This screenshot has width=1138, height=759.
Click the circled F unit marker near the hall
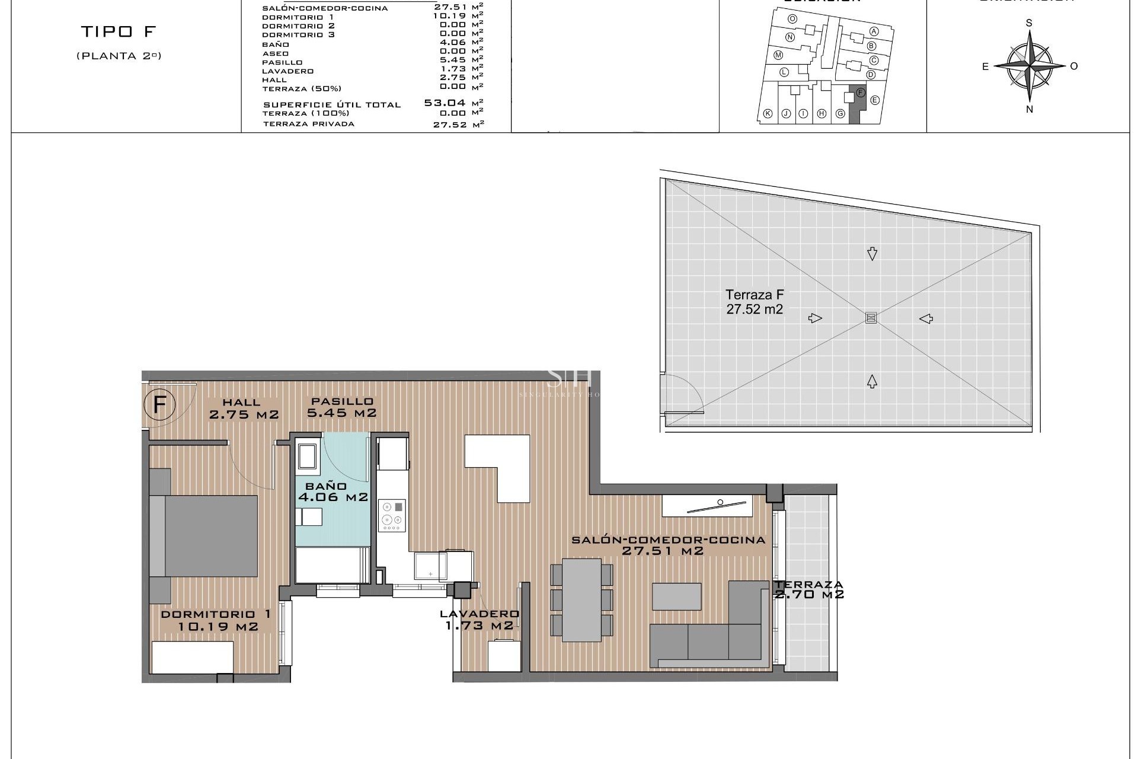point(158,405)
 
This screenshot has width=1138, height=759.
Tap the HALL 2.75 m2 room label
point(243,409)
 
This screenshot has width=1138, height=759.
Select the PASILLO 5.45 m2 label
point(341,407)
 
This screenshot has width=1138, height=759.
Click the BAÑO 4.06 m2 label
point(333,492)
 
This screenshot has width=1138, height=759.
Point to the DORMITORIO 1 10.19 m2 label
point(217,620)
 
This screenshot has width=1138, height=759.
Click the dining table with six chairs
point(581,599)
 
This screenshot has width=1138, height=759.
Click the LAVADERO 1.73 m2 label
point(479,620)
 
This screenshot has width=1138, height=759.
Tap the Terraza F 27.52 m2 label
point(755,301)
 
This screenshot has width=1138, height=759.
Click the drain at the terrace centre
point(870,318)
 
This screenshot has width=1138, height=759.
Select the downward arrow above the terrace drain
point(871,254)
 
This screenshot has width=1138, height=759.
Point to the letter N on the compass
point(1030,109)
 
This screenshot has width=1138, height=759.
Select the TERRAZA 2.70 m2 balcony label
point(808,589)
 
